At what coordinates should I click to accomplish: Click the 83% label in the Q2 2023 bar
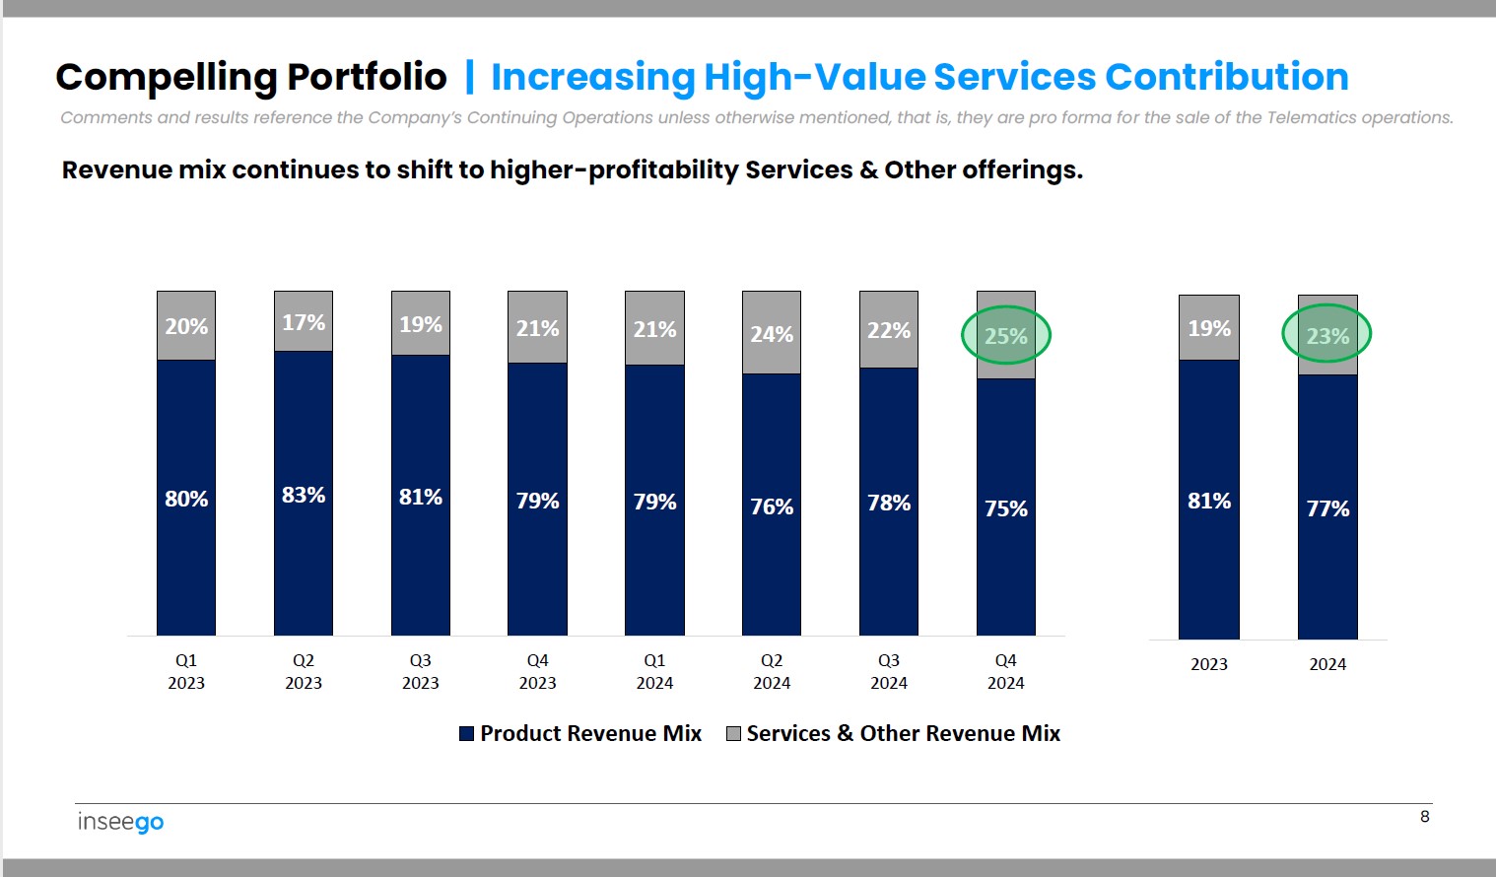pos(304,495)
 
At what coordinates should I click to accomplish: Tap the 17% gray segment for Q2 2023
pos(304,322)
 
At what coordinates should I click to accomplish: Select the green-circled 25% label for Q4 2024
pos(1006,336)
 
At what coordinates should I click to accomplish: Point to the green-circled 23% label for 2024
pos(1327,336)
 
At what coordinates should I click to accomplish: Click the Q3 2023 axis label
pos(421,671)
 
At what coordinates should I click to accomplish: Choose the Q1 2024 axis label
pos(654,671)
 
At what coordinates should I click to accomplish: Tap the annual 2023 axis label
pos(1209,664)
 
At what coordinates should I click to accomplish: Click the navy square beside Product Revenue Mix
pos(467,733)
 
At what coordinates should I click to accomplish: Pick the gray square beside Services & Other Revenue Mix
pos(733,733)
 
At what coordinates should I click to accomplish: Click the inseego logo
pos(120,822)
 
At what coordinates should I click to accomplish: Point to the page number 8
pos(1424,816)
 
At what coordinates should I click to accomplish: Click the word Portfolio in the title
pos(367,77)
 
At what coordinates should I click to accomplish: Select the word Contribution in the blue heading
pos(1226,77)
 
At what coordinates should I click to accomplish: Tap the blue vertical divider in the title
pos(469,77)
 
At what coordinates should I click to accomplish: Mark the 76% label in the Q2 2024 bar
pos(772,506)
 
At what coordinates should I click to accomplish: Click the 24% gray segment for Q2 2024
pos(772,334)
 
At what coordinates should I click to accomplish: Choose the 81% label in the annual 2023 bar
pos(1209,501)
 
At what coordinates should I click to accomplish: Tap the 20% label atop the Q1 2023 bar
pos(186,326)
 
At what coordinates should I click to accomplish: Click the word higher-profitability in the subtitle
pos(614,170)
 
